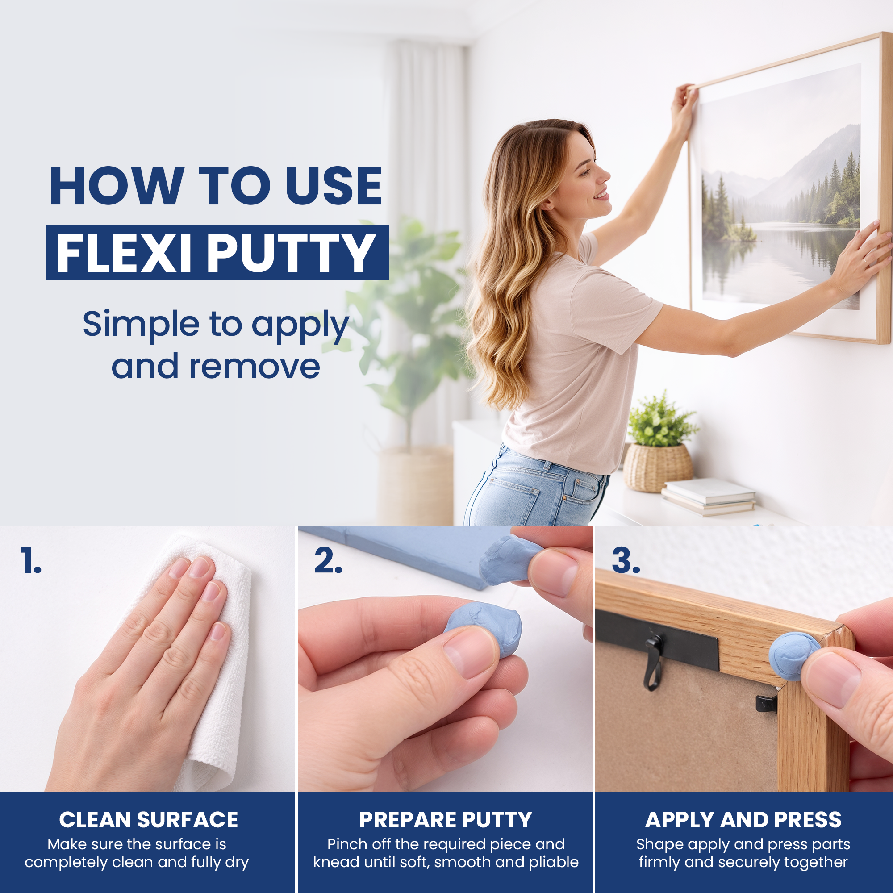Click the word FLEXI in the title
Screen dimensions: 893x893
(x=124, y=253)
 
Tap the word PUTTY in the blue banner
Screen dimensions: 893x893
(x=291, y=253)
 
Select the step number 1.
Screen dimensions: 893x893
(x=30, y=561)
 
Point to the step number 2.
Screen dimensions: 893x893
(x=328, y=561)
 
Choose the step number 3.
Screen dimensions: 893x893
(x=626, y=561)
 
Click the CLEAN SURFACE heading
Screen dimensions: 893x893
(x=148, y=820)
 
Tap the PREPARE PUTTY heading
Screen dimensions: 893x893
(x=446, y=820)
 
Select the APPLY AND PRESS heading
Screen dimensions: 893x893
(x=743, y=820)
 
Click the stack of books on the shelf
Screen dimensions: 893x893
(x=709, y=497)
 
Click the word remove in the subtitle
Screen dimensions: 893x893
(x=255, y=367)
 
